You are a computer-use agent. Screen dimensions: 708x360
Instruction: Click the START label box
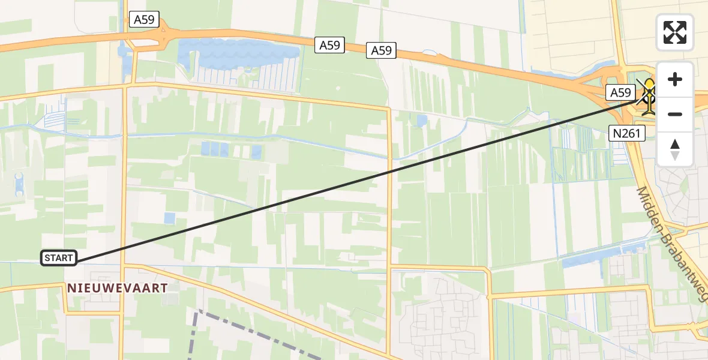(x=59, y=258)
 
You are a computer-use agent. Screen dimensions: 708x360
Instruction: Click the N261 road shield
(x=626, y=134)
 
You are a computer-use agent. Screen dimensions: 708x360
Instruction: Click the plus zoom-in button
(x=675, y=80)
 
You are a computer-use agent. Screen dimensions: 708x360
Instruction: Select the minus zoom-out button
(x=675, y=114)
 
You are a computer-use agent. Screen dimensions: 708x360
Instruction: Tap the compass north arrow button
(x=675, y=149)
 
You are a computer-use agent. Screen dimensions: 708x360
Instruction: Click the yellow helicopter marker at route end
(x=649, y=98)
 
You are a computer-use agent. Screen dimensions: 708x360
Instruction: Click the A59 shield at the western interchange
(x=144, y=20)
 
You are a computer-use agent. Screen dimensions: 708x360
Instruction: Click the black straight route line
(x=360, y=180)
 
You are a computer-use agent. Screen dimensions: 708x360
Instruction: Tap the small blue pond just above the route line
(x=170, y=218)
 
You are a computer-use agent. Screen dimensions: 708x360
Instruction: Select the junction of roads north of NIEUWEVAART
(x=125, y=86)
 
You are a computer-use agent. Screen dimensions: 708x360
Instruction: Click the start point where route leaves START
(x=77, y=262)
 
